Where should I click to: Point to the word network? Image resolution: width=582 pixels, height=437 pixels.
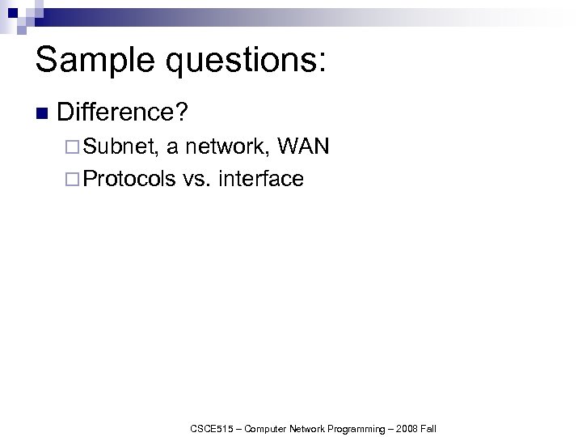[227, 147]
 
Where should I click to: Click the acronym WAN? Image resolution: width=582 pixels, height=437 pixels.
[302, 147]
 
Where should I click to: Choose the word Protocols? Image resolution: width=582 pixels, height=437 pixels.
[129, 178]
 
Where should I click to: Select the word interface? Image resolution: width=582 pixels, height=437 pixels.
[261, 178]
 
